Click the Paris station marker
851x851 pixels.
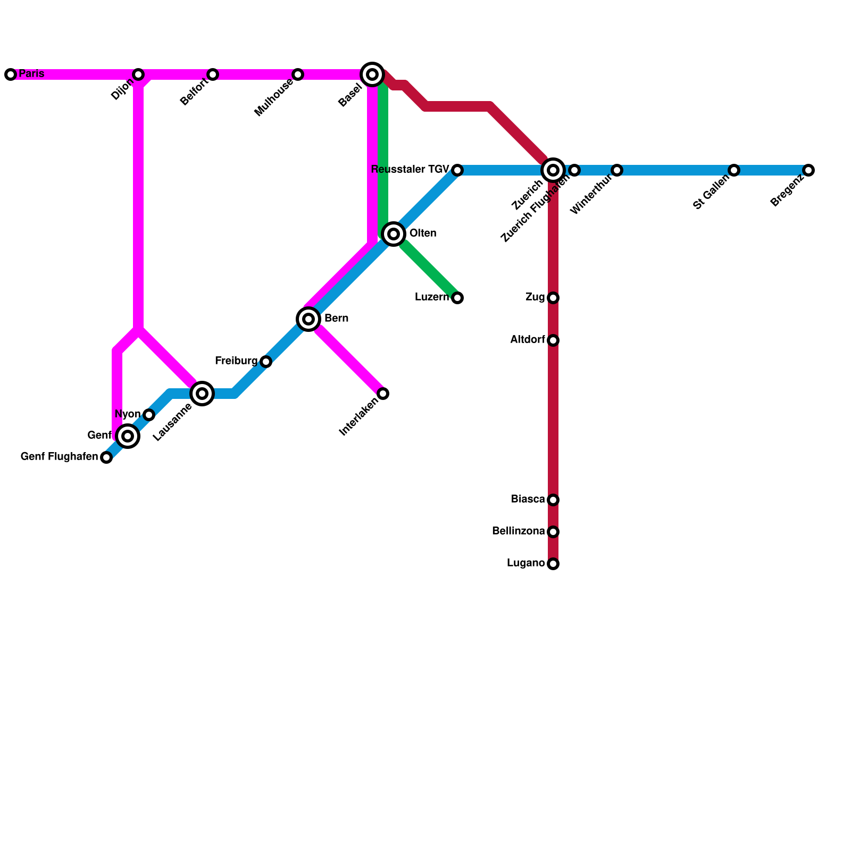(11, 74)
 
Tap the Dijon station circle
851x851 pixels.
(138, 74)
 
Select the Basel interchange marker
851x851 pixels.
(372, 74)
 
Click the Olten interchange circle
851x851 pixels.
(394, 234)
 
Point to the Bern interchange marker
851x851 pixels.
(308, 319)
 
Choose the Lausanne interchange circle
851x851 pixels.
(202, 394)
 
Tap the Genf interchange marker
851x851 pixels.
(128, 436)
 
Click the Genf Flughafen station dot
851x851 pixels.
(106, 457)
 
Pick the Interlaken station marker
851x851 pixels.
(383, 394)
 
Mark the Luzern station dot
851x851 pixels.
(457, 298)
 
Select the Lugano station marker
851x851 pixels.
(553, 564)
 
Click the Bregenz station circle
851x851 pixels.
(808, 170)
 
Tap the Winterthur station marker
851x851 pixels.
(617, 170)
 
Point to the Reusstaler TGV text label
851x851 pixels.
(410, 170)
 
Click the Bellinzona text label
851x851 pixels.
(519, 531)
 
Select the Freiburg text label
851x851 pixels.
(236, 361)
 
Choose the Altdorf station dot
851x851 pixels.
(553, 340)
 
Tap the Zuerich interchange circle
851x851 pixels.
(553, 170)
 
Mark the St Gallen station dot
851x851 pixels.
(734, 170)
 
